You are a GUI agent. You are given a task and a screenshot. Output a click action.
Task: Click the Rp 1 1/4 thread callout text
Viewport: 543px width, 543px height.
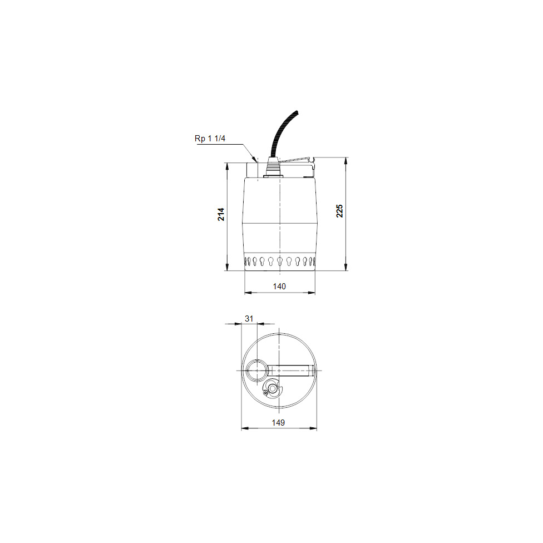coord(210,139)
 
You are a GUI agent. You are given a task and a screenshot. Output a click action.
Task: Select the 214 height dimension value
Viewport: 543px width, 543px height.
coord(221,215)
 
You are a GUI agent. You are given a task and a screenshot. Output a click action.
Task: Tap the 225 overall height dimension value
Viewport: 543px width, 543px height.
coord(339,211)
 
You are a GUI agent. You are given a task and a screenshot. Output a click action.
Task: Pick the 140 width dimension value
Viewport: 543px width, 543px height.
coord(279,286)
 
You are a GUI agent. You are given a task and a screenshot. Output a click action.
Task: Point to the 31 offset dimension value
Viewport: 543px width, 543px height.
coord(249,318)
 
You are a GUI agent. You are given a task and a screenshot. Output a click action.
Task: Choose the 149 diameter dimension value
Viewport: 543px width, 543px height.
coord(279,423)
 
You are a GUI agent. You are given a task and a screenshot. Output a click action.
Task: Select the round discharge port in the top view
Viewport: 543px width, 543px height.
coord(258,370)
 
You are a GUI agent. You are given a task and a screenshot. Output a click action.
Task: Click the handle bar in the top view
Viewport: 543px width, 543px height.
coord(292,370)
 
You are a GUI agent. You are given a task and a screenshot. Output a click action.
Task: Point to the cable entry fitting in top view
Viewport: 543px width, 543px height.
coord(273,388)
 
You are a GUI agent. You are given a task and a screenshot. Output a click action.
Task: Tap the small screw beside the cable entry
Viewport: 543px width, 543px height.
coord(265,393)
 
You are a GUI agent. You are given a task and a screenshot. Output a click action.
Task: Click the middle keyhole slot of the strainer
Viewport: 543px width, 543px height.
coord(279,261)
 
